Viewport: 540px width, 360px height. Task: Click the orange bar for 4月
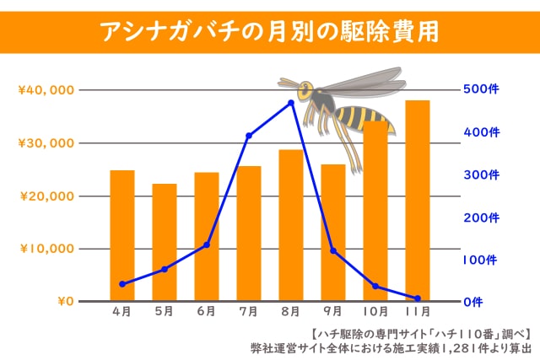tap(122, 236)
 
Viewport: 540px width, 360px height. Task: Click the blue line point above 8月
tap(291, 103)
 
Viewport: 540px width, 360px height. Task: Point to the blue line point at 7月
tap(249, 136)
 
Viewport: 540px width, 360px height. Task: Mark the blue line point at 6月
tap(207, 244)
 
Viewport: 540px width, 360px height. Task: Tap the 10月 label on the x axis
tap(375, 312)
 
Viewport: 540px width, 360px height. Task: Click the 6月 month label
tap(207, 312)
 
